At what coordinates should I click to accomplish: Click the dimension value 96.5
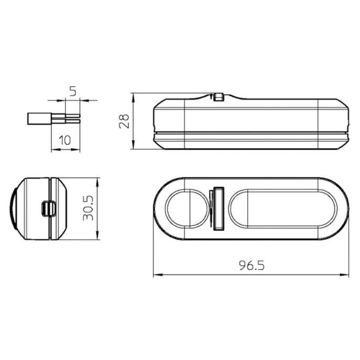click(x=251, y=265)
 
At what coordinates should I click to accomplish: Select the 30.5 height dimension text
click(x=87, y=208)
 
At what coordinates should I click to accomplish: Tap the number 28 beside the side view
click(x=124, y=121)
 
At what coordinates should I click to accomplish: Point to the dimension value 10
click(x=65, y=140)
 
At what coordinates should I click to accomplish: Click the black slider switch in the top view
click(x=218, y=208)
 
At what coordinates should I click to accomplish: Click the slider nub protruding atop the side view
click(x=218, y=96)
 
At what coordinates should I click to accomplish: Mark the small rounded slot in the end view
click(x=48, y=208)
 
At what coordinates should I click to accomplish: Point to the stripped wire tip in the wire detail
click(x=72, y=119)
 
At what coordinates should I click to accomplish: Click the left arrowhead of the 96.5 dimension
click(x=156, y=276)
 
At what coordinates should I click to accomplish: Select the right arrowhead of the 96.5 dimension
click(x=346, y=276)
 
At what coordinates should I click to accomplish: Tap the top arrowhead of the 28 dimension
click(x=133, y=96)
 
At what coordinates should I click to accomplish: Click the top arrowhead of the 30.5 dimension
click(x=98, y=180)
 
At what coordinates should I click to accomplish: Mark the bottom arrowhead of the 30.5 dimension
click(x=98, y=238)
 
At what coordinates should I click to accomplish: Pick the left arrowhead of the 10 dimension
click(x=53, y=149)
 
